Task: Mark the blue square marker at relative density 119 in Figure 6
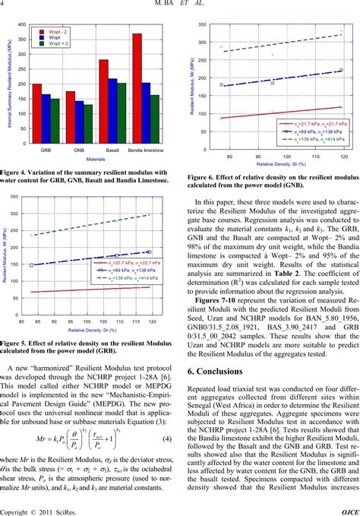341,69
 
